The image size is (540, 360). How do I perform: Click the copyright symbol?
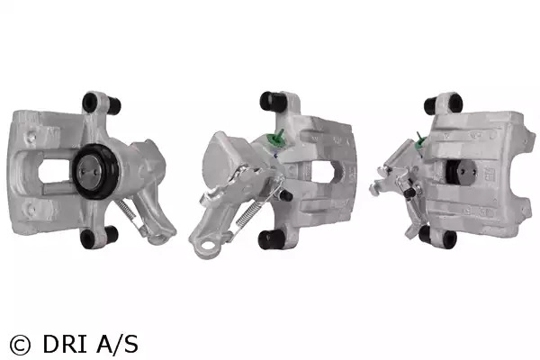(x=20, y=345)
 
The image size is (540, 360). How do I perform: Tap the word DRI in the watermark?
(x=65, y=344)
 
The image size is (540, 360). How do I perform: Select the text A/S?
(x=117, y=344)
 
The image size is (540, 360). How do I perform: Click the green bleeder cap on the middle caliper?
(x=274, y=139)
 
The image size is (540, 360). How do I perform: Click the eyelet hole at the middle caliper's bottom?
(x=207, y=246)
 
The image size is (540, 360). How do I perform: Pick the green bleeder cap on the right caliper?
(x=420, y=140)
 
